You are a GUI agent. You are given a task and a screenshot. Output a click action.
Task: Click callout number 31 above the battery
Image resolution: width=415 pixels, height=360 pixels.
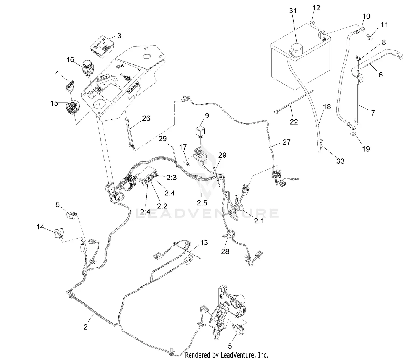point(293,11)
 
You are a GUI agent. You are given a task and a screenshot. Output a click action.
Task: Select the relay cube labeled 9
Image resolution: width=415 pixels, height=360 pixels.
point(201,131)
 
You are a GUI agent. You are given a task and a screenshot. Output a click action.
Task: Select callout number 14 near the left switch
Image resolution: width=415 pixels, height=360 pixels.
point(40,227)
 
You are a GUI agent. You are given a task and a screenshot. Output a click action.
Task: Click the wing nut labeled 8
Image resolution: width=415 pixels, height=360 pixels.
point(358,58)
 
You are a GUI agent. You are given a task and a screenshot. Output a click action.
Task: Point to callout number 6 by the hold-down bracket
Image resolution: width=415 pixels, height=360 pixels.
point(381,75)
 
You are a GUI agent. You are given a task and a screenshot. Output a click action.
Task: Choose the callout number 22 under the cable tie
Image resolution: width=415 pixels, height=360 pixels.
point(294,122)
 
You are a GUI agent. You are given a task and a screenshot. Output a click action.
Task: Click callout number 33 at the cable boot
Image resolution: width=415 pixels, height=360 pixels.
point(340,161)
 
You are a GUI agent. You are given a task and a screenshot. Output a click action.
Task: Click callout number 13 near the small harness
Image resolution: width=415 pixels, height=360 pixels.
point(204,243)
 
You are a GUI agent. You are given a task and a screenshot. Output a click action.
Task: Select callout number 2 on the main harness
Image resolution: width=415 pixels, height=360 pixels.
point(85,327)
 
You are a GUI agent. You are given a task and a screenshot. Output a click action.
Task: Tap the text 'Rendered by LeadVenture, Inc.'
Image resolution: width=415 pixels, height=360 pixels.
point(226,355)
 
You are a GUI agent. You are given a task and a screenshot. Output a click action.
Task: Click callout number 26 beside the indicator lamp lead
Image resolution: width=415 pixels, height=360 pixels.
point(146,118)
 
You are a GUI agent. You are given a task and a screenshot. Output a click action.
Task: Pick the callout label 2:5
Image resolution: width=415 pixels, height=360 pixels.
point(202,203)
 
